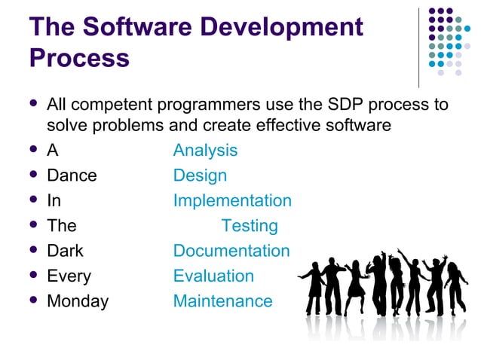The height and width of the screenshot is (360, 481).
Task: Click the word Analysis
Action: point(205,151)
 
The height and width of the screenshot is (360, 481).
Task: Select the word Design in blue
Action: point(200,175)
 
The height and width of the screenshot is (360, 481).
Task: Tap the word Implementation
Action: point(232,201)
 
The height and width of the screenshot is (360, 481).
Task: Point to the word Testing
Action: point(250,226)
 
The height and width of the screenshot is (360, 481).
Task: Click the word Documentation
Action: point(231,251)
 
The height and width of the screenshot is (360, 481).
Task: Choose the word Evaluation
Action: point(213,276)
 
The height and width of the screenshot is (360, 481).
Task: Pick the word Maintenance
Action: point(222,301)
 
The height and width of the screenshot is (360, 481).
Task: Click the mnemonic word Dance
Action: point(72,175)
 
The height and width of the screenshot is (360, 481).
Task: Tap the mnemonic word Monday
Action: point(78,301)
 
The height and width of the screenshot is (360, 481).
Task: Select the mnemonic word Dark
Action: point(65,251)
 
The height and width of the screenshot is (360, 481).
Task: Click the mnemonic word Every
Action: point(69,276)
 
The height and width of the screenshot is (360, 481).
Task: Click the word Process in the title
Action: point(79,58)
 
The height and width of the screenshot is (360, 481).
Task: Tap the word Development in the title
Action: point(290,27)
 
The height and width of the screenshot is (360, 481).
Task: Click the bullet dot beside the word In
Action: point(32,201)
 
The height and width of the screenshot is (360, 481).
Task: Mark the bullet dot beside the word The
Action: point(32,226)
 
